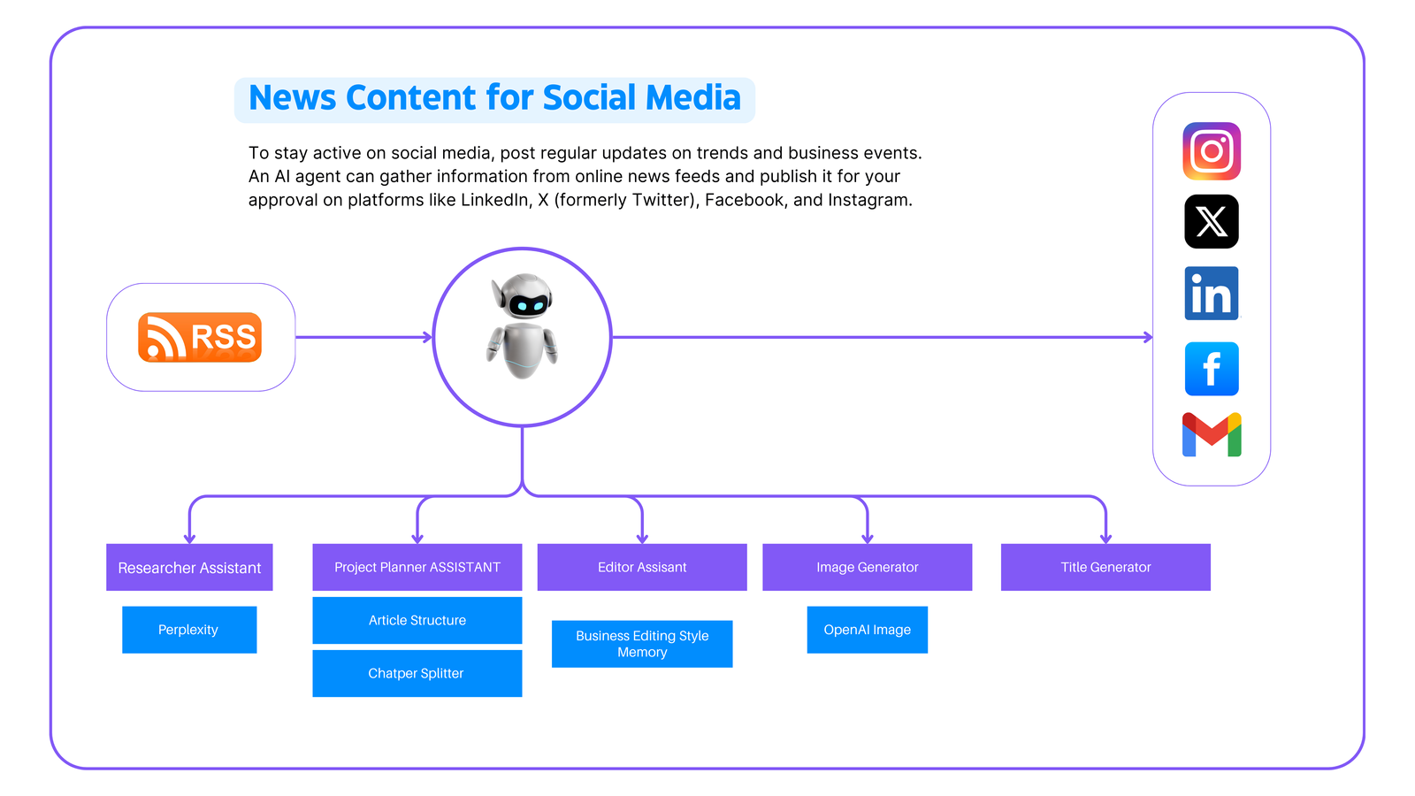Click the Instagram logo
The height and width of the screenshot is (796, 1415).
coord(1212,151)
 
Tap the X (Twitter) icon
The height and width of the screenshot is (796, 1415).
coord(1212,221)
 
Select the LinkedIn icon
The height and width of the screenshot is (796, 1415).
coord(1212,294)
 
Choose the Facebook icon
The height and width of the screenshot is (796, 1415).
coord(1212,369)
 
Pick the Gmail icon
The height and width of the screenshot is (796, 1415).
coord(1212,435)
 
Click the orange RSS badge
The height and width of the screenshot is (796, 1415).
coord(200,337)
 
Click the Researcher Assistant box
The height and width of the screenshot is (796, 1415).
coord(189,567)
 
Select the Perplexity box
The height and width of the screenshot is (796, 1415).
coord(189,630)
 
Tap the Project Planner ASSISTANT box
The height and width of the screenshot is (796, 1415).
coord(417,567)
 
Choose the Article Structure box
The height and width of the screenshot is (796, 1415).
coord(417,620)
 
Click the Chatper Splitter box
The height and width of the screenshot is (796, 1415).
coord(417,673)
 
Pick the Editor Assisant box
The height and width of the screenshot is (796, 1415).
coord(642,567)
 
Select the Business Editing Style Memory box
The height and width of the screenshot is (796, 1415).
coord(642,644)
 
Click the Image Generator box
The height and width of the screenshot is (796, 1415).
coord(868,567)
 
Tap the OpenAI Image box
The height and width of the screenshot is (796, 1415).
coord(868,630)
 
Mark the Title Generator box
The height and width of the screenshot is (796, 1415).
coord(1105,567)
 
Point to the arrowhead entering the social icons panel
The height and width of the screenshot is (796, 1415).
coord(1148,337)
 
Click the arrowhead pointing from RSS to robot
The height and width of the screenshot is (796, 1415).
coord(428,337)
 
